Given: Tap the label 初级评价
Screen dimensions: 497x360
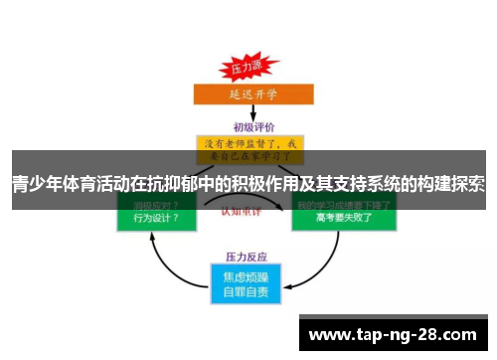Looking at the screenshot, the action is (x=248, y=126).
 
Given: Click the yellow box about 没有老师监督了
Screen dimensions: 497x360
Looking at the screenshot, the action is (x=248, y=149).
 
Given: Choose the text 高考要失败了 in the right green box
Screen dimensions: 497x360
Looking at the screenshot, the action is (x=343, y=219).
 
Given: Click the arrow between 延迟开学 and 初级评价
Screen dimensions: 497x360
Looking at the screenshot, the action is (x=248, y=113).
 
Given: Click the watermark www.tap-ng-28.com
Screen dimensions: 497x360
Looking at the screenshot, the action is (x=394, y=334).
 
